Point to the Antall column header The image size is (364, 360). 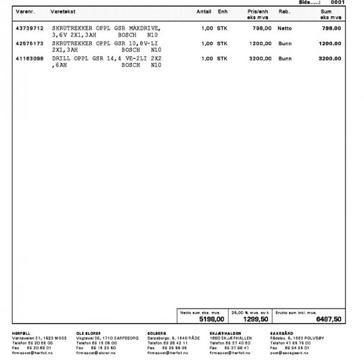[x=204, y=11]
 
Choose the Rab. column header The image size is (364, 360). [x=284, y=11]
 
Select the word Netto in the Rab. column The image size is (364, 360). [x=285, y=28]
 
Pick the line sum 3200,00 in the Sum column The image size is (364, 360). [x=330, y=59]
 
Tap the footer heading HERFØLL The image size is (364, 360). [x=22, y=332]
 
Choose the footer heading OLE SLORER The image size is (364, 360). [x=89, y=332]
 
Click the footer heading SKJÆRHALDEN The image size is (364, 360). [x=225, y=332]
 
